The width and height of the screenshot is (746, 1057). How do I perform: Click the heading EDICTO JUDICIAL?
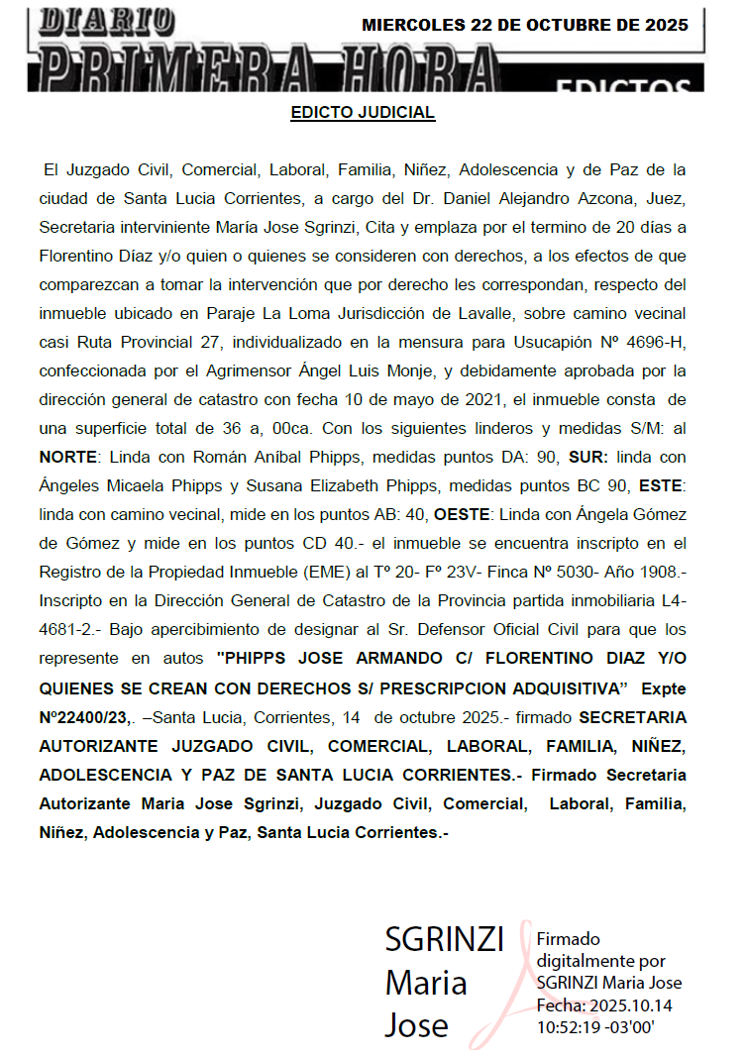click(x=363, y=113)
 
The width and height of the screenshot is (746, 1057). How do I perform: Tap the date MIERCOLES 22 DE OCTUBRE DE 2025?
click(x=525, y=26)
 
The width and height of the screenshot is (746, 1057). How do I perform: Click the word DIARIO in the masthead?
click(x=110, y=21)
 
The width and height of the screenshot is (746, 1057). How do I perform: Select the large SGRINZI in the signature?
click(x=445, y=939)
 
